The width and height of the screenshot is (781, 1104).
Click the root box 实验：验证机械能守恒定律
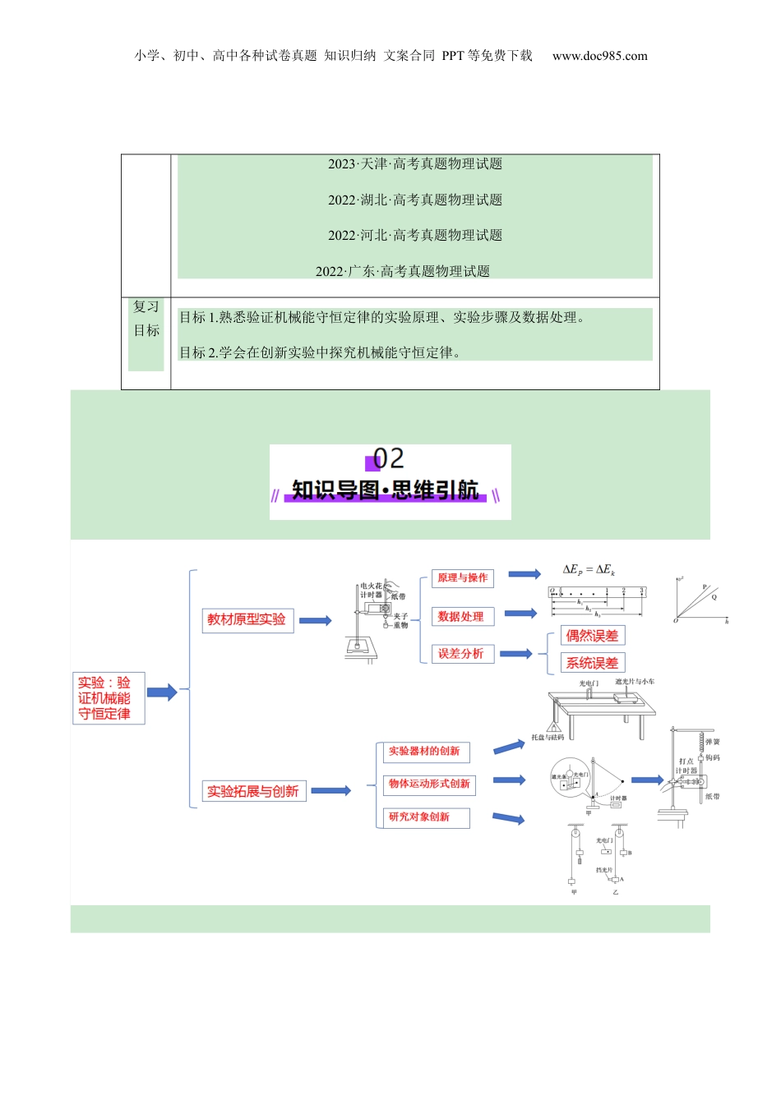(x=109, y=698)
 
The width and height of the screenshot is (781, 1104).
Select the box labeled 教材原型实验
(x=247, y=619)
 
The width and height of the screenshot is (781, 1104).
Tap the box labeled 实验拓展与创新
(x=253, y=791)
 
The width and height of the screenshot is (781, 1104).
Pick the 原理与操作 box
(x=463, y=578)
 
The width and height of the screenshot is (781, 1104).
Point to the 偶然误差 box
(x=592, y=635)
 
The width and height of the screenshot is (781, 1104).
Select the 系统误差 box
(x=592, y=663)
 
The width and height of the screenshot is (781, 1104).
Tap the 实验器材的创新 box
(x=424, y=752)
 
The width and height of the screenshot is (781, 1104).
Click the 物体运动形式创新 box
(x=429, y=784)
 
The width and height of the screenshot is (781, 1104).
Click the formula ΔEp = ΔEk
(x=589, y=569)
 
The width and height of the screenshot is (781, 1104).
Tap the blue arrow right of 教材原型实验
(x=315, y=620)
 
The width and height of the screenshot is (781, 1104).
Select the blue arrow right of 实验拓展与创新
(x=330, y=791)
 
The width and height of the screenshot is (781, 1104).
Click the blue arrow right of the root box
(x=162, y=692)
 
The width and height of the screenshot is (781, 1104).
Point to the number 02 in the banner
(x=388, y=458)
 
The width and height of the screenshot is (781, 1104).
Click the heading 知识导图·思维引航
(x=386, y=490)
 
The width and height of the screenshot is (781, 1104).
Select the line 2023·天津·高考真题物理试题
(x=415, y=164)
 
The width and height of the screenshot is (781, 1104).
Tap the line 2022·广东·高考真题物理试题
(x=403, y=271)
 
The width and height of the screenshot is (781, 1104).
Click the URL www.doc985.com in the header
(x=600, y=56)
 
